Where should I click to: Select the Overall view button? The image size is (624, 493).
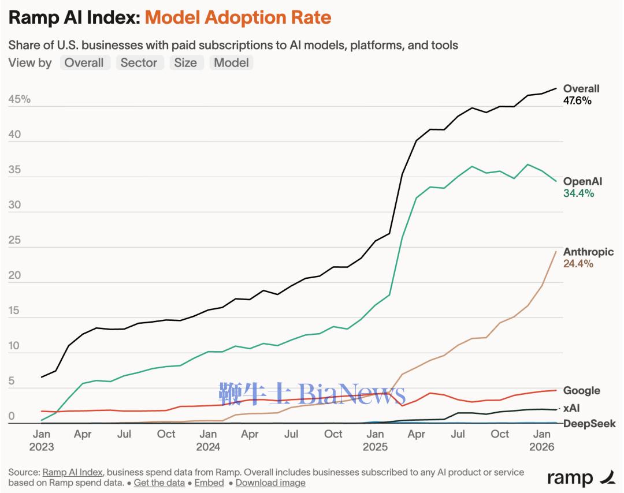pos(84,63)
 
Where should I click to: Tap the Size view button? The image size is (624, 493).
pos(185,63)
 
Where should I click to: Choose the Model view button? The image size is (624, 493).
pos(231,63)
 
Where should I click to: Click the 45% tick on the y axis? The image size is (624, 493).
pos(20,100)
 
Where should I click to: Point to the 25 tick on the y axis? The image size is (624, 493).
pos(14,241)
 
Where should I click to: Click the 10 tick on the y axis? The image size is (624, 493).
pos(14,346)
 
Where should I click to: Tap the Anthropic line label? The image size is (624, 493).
pos(588,252)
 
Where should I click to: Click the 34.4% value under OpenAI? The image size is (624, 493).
pos(578,193)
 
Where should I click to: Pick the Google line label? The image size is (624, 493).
pos(581,391)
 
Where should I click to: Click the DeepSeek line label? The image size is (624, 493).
pos(589,424)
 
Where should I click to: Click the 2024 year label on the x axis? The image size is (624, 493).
pos(209,446)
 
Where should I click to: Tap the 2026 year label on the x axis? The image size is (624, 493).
pos(542,446)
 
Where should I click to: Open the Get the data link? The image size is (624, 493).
pos(159,483)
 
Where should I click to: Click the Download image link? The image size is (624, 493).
pos(270,483)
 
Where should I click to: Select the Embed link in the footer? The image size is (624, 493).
pos(209,483)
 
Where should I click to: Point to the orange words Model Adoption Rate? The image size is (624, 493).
pos(238,18)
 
